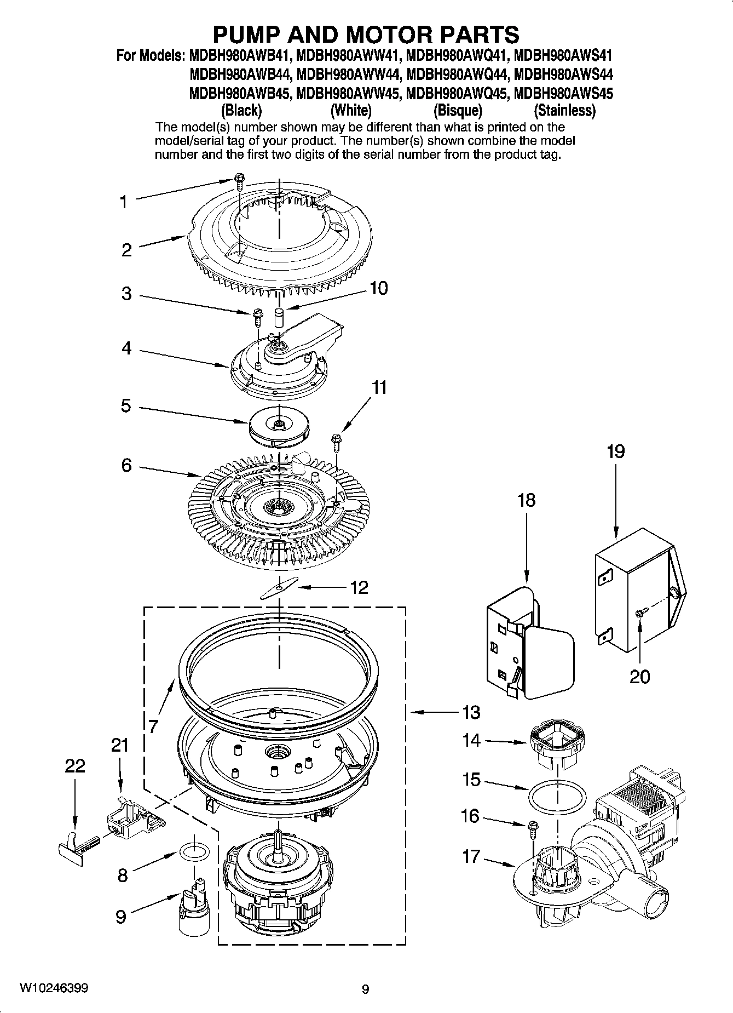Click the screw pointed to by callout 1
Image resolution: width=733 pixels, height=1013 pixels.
(x=239, y=181)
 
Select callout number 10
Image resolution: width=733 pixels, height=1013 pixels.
(x=379, y=288)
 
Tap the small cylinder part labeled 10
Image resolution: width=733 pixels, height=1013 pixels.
(x=279, y=318)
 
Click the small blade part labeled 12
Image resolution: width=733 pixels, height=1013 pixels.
(x=279, y=587)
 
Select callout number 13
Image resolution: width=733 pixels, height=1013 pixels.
(x=471, y=712)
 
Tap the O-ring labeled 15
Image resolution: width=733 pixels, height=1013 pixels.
(x=557, y=794)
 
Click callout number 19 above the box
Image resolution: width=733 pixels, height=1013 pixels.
(x=615, y=452)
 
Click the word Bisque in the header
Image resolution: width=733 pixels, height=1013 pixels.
(x=458, y=111)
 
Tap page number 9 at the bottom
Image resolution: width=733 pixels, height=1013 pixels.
(x=366, y=989)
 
